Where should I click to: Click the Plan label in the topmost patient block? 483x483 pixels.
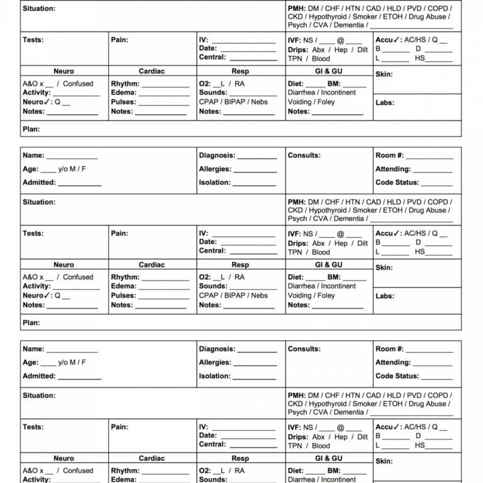[x=31, y=129]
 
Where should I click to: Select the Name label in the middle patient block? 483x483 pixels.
[x=33, y=155]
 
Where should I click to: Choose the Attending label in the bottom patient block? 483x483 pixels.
[x=393, y=363]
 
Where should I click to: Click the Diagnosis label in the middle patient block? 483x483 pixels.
[x=217, y=155]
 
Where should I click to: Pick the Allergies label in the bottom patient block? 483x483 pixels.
[x=215, y=363]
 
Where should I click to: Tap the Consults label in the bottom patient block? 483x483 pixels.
[x=304, y=349]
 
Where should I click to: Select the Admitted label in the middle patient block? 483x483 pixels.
[x=39, y=182]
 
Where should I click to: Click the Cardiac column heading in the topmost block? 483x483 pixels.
[x=152, y=72]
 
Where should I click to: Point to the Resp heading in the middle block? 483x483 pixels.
[x=240, y=265]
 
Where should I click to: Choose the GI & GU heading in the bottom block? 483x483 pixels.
[x=328, y=458]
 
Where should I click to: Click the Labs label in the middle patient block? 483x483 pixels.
[x=385, y=296]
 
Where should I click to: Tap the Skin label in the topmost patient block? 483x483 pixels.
[x=384, y=74]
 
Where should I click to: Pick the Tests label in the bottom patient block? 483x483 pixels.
[x=33, y=427]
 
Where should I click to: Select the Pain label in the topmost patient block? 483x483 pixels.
[x=119, y=40]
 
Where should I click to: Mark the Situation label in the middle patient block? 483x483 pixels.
[x=39, y=203]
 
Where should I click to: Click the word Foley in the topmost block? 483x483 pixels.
[x=326, y=102]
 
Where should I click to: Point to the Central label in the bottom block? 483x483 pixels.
[x=212, y=445]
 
